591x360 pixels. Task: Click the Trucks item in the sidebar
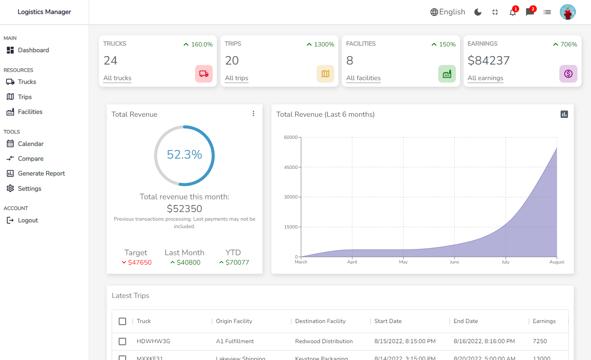pos(27,82)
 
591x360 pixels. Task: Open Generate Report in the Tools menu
pos(41,173)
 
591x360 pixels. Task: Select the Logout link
pos(28,220)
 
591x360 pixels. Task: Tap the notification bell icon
pos(513,12)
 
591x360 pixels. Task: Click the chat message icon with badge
pos(530,12)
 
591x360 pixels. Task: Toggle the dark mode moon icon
pos(478,12)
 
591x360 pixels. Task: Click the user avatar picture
pos(568,12)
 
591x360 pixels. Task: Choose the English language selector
pos(448,12)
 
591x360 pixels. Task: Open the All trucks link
pos(117,78)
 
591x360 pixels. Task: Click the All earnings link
pos(485,78)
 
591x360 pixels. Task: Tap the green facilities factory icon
pos(447,74)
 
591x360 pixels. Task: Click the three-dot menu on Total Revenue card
pos(253,113)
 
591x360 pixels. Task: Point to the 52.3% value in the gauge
pos(184,155)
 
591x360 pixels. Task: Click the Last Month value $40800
pos(188,262)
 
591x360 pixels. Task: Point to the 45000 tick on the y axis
pos(291,167)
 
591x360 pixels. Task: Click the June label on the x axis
pos(454,262)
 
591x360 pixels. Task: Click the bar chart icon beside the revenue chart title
pos(564,114)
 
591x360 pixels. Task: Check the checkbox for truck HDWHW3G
pos(122,342)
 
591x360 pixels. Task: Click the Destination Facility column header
pos(320,321)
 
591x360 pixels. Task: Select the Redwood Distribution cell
pos(324,342)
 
